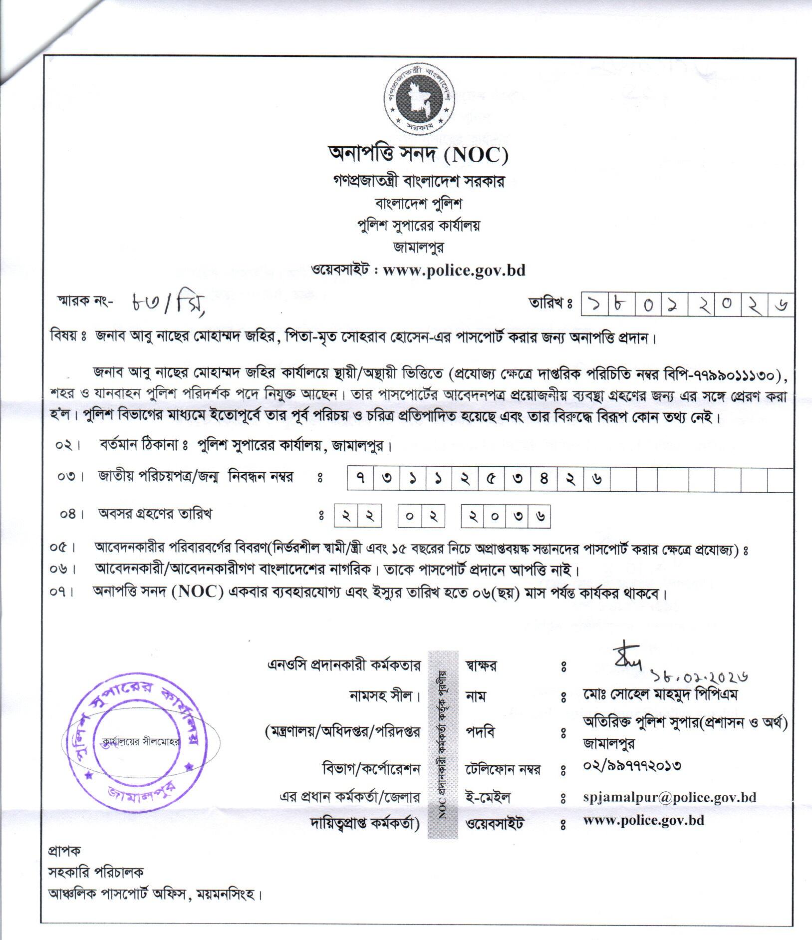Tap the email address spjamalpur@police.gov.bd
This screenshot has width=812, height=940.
click(x=669, y=797)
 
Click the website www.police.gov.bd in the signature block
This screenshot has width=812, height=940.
click(x=643, y=820)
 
